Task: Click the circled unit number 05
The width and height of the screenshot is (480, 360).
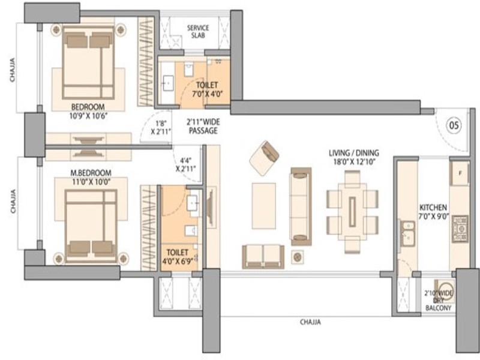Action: coord(454,125)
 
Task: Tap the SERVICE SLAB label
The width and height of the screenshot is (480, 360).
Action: coord(198,32)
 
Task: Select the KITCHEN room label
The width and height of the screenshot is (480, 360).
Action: coord(433,208)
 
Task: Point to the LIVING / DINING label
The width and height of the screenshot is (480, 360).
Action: coord(354,153)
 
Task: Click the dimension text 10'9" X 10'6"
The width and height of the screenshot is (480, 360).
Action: coord(88,116)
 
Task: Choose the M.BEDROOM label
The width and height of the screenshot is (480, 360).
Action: coord(91,173)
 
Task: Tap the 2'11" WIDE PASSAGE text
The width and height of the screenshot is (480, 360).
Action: coord(203,127)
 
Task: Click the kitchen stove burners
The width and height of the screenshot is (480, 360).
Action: coord(460,229)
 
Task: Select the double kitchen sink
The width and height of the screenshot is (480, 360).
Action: coord(408,233)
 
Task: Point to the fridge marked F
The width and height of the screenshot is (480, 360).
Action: coord(460,173)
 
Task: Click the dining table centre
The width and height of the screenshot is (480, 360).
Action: coord(352,212)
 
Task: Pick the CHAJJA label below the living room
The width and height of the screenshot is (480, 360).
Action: coord(310,322)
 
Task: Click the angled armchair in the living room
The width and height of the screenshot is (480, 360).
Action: coord(264,158)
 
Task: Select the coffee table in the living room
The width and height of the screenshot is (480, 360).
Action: coord(263,206)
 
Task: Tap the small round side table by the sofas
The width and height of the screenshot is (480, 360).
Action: coord(297,257)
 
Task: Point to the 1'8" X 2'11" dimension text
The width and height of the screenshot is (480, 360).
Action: coord(161,127)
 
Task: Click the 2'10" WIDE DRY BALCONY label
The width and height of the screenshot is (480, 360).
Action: coord(439,301)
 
